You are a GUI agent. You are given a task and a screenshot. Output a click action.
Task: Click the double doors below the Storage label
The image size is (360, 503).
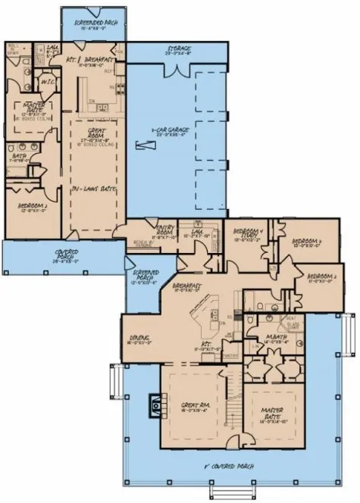(x=176, y=70)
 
